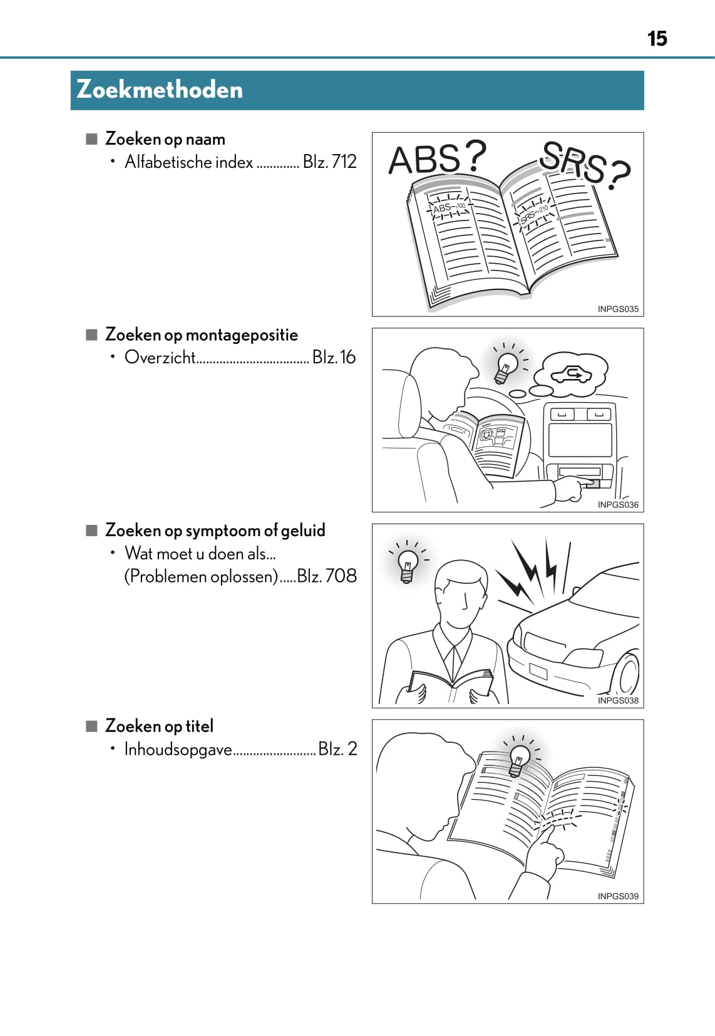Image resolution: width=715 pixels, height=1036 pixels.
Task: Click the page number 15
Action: [x=657, y=39]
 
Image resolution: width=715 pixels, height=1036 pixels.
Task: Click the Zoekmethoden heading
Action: [x=160, y=90]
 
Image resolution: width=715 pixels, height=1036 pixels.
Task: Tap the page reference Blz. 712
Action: [x=329, y=162]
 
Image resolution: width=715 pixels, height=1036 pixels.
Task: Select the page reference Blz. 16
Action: [x=334, y=357]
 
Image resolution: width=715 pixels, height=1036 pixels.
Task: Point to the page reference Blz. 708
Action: [x=327, y=576]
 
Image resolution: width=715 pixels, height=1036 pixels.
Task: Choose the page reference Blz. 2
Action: [x=337, y=749]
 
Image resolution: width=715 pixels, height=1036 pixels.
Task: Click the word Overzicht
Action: [x=160, y=357]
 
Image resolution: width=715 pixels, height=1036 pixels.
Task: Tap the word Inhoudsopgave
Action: [x=178, y=749]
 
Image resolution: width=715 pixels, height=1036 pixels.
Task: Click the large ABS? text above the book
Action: [x=437, y=158]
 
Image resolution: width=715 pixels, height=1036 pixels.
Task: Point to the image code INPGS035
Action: [x=618, y=309]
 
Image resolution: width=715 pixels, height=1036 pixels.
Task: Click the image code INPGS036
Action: [x=618, y=504]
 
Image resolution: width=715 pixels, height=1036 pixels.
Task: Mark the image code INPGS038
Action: [x=618, y=700]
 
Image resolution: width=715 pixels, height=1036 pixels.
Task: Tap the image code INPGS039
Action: [x=618, y=896]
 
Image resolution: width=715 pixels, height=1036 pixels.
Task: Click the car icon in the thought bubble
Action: [x=571, y=375]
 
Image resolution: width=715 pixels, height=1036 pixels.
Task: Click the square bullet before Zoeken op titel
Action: [x=92, y=726]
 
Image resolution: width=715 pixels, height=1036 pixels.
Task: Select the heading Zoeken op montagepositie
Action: [x=202, y=334]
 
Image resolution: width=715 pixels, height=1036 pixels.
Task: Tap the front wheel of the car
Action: [x=626, y=674]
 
